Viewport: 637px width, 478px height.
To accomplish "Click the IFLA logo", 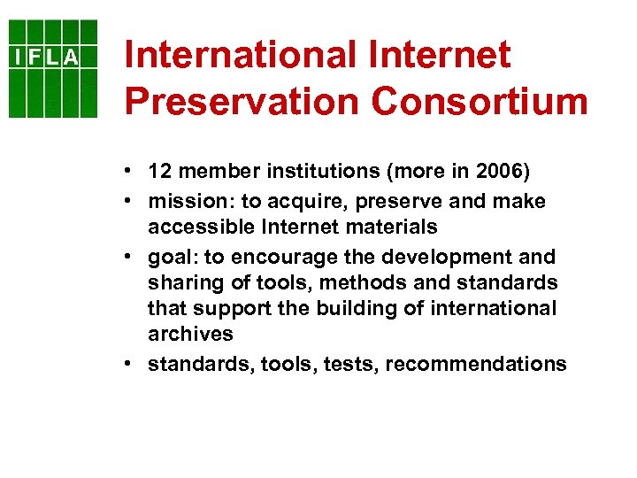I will coord(54,68).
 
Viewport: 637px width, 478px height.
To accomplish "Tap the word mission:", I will coord(184,202).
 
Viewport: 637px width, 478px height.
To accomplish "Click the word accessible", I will coord(201,227).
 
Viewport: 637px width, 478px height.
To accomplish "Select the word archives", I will coord(190,335).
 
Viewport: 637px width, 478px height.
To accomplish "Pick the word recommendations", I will coord(477,364).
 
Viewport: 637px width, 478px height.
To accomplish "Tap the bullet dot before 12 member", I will coord(129,171).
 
